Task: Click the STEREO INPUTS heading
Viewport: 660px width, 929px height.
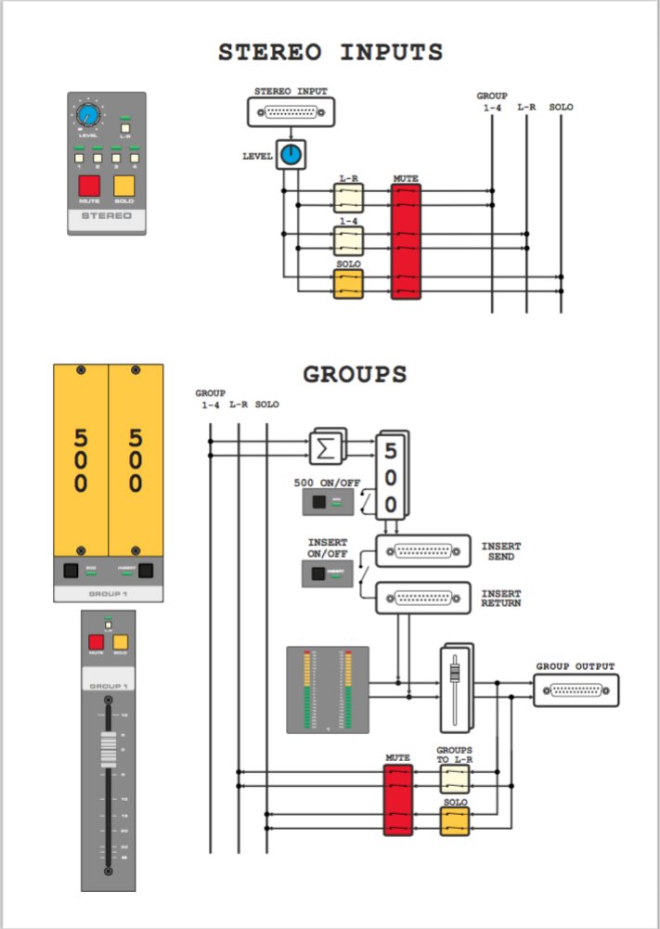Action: pyautogui.click(x=330, y=52)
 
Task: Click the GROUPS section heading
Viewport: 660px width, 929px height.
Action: pyautogui.click(x=355, y=374)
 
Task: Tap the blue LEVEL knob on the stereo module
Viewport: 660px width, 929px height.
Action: pyautogui.click(x=88, y=116)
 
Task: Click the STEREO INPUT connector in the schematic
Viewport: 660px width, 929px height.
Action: pyautogui.click(x=291, y=112)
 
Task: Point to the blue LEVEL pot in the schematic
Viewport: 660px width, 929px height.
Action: pyautogui.click(x=291, y=155)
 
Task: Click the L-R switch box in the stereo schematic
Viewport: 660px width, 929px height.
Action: pyautogui.click(x=348, y=197)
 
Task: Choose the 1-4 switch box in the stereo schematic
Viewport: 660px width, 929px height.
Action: pyautogui.click(x=348, y=240)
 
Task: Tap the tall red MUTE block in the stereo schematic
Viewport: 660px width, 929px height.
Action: pyautogui.click(x=406, y=241)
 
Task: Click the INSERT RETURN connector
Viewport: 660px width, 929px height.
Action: pyautogui.click(x=422, y=598)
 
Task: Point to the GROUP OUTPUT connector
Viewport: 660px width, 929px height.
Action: pyautogui.click(x=576, y=690)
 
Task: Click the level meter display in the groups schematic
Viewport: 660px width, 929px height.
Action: pyautogui.click(x=328, y=690)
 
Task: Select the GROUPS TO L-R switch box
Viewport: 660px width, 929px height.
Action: pyautogui.click(x=454, y=779)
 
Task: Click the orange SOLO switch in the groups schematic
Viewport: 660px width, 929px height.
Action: pyautogui.click(x=454, y=819)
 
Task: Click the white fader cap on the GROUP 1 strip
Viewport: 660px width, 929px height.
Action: pyautogui.click(x=108, y=748)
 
